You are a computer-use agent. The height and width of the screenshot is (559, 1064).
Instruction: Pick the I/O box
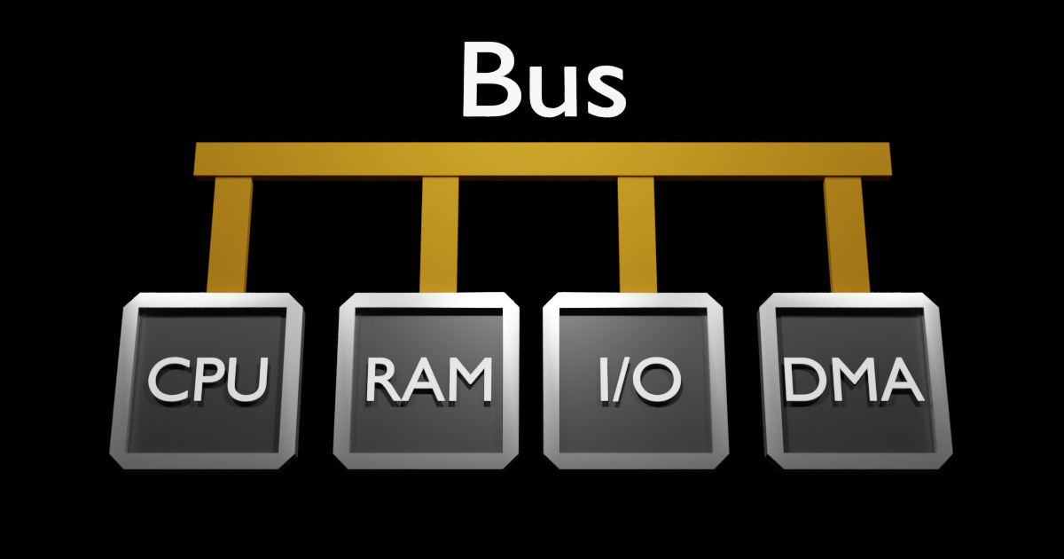pyautogui.click(x=637, y=380)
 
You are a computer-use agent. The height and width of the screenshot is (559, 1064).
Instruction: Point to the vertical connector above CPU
pyautogui.click(x=230, y=232)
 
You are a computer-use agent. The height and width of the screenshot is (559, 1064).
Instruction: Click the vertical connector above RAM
pyautogui.click(x=439, y=232)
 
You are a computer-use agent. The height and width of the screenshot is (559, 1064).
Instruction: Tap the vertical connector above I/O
pyautogui.click(x=637, y=232)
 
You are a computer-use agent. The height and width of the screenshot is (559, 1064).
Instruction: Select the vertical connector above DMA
pyautogui.click(x=845, y=232)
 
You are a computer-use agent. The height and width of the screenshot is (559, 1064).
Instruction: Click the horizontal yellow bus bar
pyautogui.click(x=543, y=159)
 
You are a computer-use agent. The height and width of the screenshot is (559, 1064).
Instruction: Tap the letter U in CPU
pyautogui.click(x=247, y=380)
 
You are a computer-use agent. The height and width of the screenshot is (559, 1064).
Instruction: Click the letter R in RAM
pyautogui.click(x=383, y=380)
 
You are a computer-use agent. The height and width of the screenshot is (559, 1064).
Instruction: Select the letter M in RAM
pyautogui.click(x=467, y=380)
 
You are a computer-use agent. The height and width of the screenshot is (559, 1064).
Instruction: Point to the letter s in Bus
pyautogui.click(x=604, y=89)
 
